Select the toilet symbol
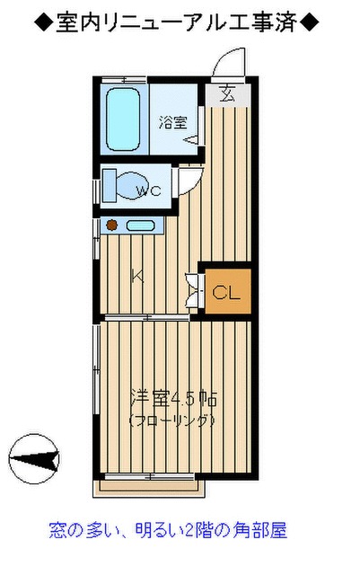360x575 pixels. pyautogui.click(x=118, y=186)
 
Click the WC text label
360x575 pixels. pyautogui.click(x=148, y=190)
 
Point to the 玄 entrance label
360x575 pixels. pyautogui.click(x=225, y=93)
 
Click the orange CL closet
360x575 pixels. pyautogui.click(x=224, y=291)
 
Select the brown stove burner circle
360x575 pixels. pyautogui.click(x=113, y=225)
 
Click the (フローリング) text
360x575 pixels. pyautogui.click(x=173, y=420)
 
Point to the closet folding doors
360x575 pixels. pyautogui.click(x=190, y=288)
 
